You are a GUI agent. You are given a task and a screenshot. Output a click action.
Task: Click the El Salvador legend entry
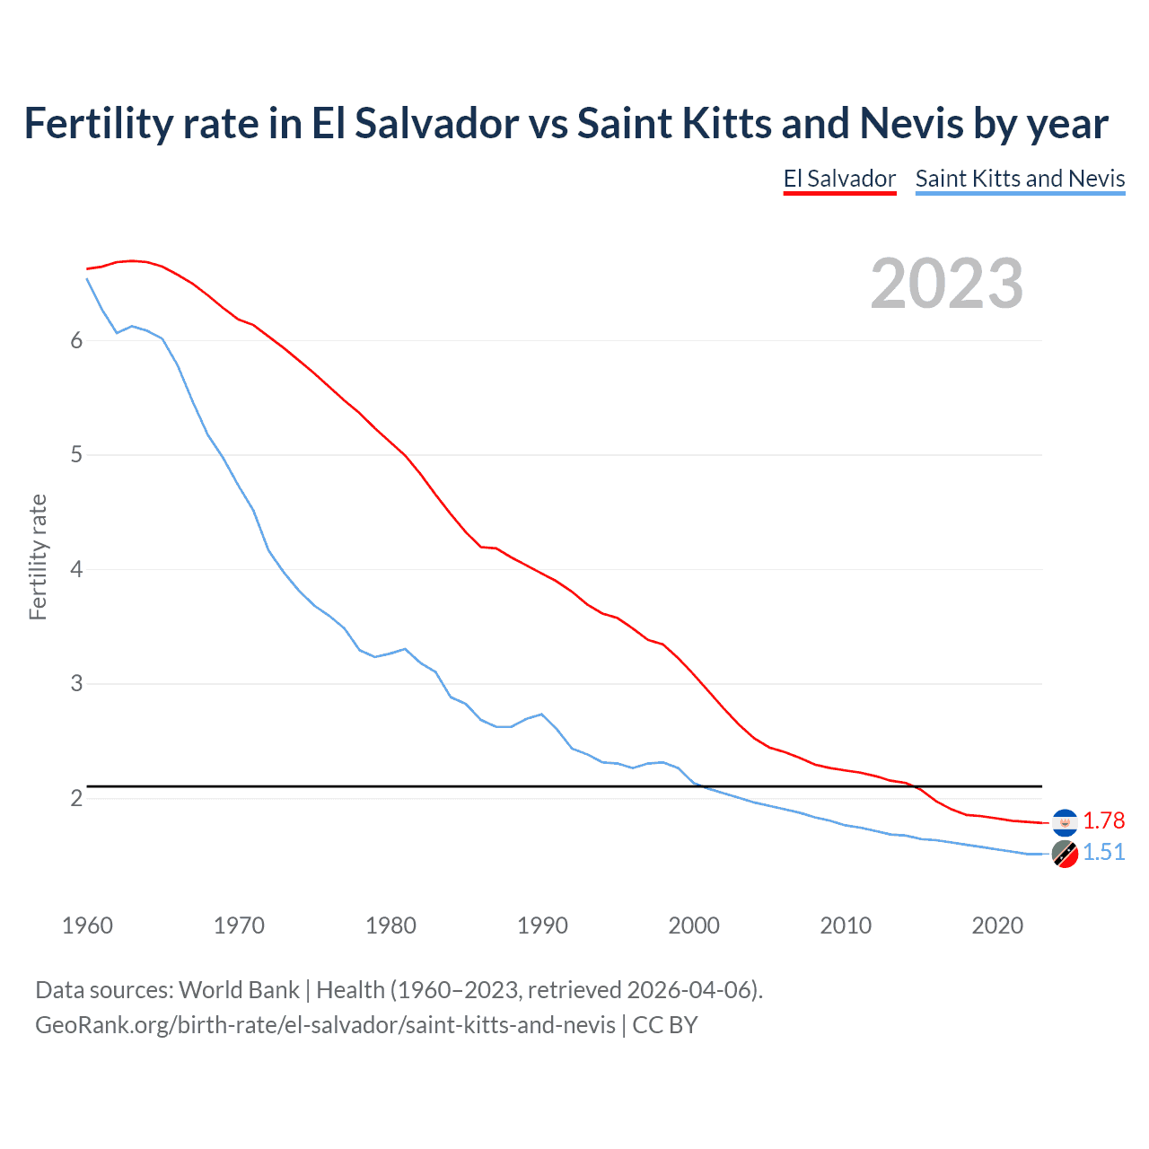(x=839, y=179)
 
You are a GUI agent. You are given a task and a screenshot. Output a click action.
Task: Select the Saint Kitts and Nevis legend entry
(x=1020, y=179)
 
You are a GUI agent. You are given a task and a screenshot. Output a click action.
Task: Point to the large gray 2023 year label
(x=946, y=284)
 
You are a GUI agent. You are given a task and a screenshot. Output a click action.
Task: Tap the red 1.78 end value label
(x=1103, y=820)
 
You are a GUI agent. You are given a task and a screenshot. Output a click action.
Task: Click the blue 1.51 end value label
(x=1103, y=852)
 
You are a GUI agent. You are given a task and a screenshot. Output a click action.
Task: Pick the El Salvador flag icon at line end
(x=1065, y=821)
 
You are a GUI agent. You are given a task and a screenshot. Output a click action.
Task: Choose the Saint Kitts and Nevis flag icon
(x=1065, y=854)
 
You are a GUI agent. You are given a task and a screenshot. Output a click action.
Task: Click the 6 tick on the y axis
(x=76, y=340)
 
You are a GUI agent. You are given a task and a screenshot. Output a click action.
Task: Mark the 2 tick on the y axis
(x=76, y=798)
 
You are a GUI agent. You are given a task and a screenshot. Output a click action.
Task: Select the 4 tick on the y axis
(x=76, y=569)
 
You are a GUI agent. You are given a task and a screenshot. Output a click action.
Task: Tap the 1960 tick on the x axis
(x=87, y=925)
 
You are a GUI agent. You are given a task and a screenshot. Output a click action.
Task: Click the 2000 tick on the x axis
(x=694, y=925)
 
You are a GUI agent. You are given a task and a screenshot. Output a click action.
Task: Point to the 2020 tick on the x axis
(x=997, y=925)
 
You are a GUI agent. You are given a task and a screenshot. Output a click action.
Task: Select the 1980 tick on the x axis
(x=390, y=925)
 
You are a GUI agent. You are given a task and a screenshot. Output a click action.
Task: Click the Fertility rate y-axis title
(x=38, y=557)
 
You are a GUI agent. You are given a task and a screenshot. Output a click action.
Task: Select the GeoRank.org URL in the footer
(x=325, y=1025)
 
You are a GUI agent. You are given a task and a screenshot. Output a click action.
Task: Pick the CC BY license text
(x=665, y=1025)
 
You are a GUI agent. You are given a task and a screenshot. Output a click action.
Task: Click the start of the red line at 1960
(x=87, y=268)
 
